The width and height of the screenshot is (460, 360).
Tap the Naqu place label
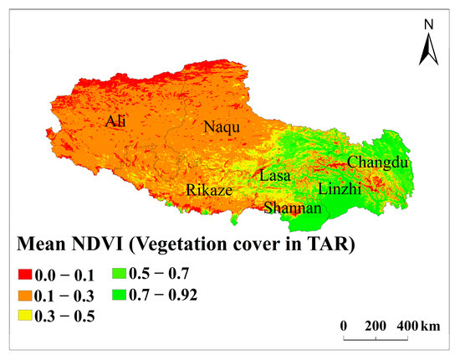[222, 128]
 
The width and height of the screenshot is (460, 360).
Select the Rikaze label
[209, 190]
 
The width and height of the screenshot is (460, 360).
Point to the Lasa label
[275, 177]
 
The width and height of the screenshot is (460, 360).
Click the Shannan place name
[292, 208]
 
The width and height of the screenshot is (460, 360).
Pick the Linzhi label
[340, 189]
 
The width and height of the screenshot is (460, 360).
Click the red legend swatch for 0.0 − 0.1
[25, 274]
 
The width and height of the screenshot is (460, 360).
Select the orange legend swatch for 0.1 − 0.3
[25, 295]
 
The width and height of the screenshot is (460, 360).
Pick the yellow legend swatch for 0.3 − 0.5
[25, 316]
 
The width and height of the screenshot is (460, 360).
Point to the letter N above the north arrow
[428, 25]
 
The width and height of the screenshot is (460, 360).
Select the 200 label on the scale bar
[377, 324]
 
